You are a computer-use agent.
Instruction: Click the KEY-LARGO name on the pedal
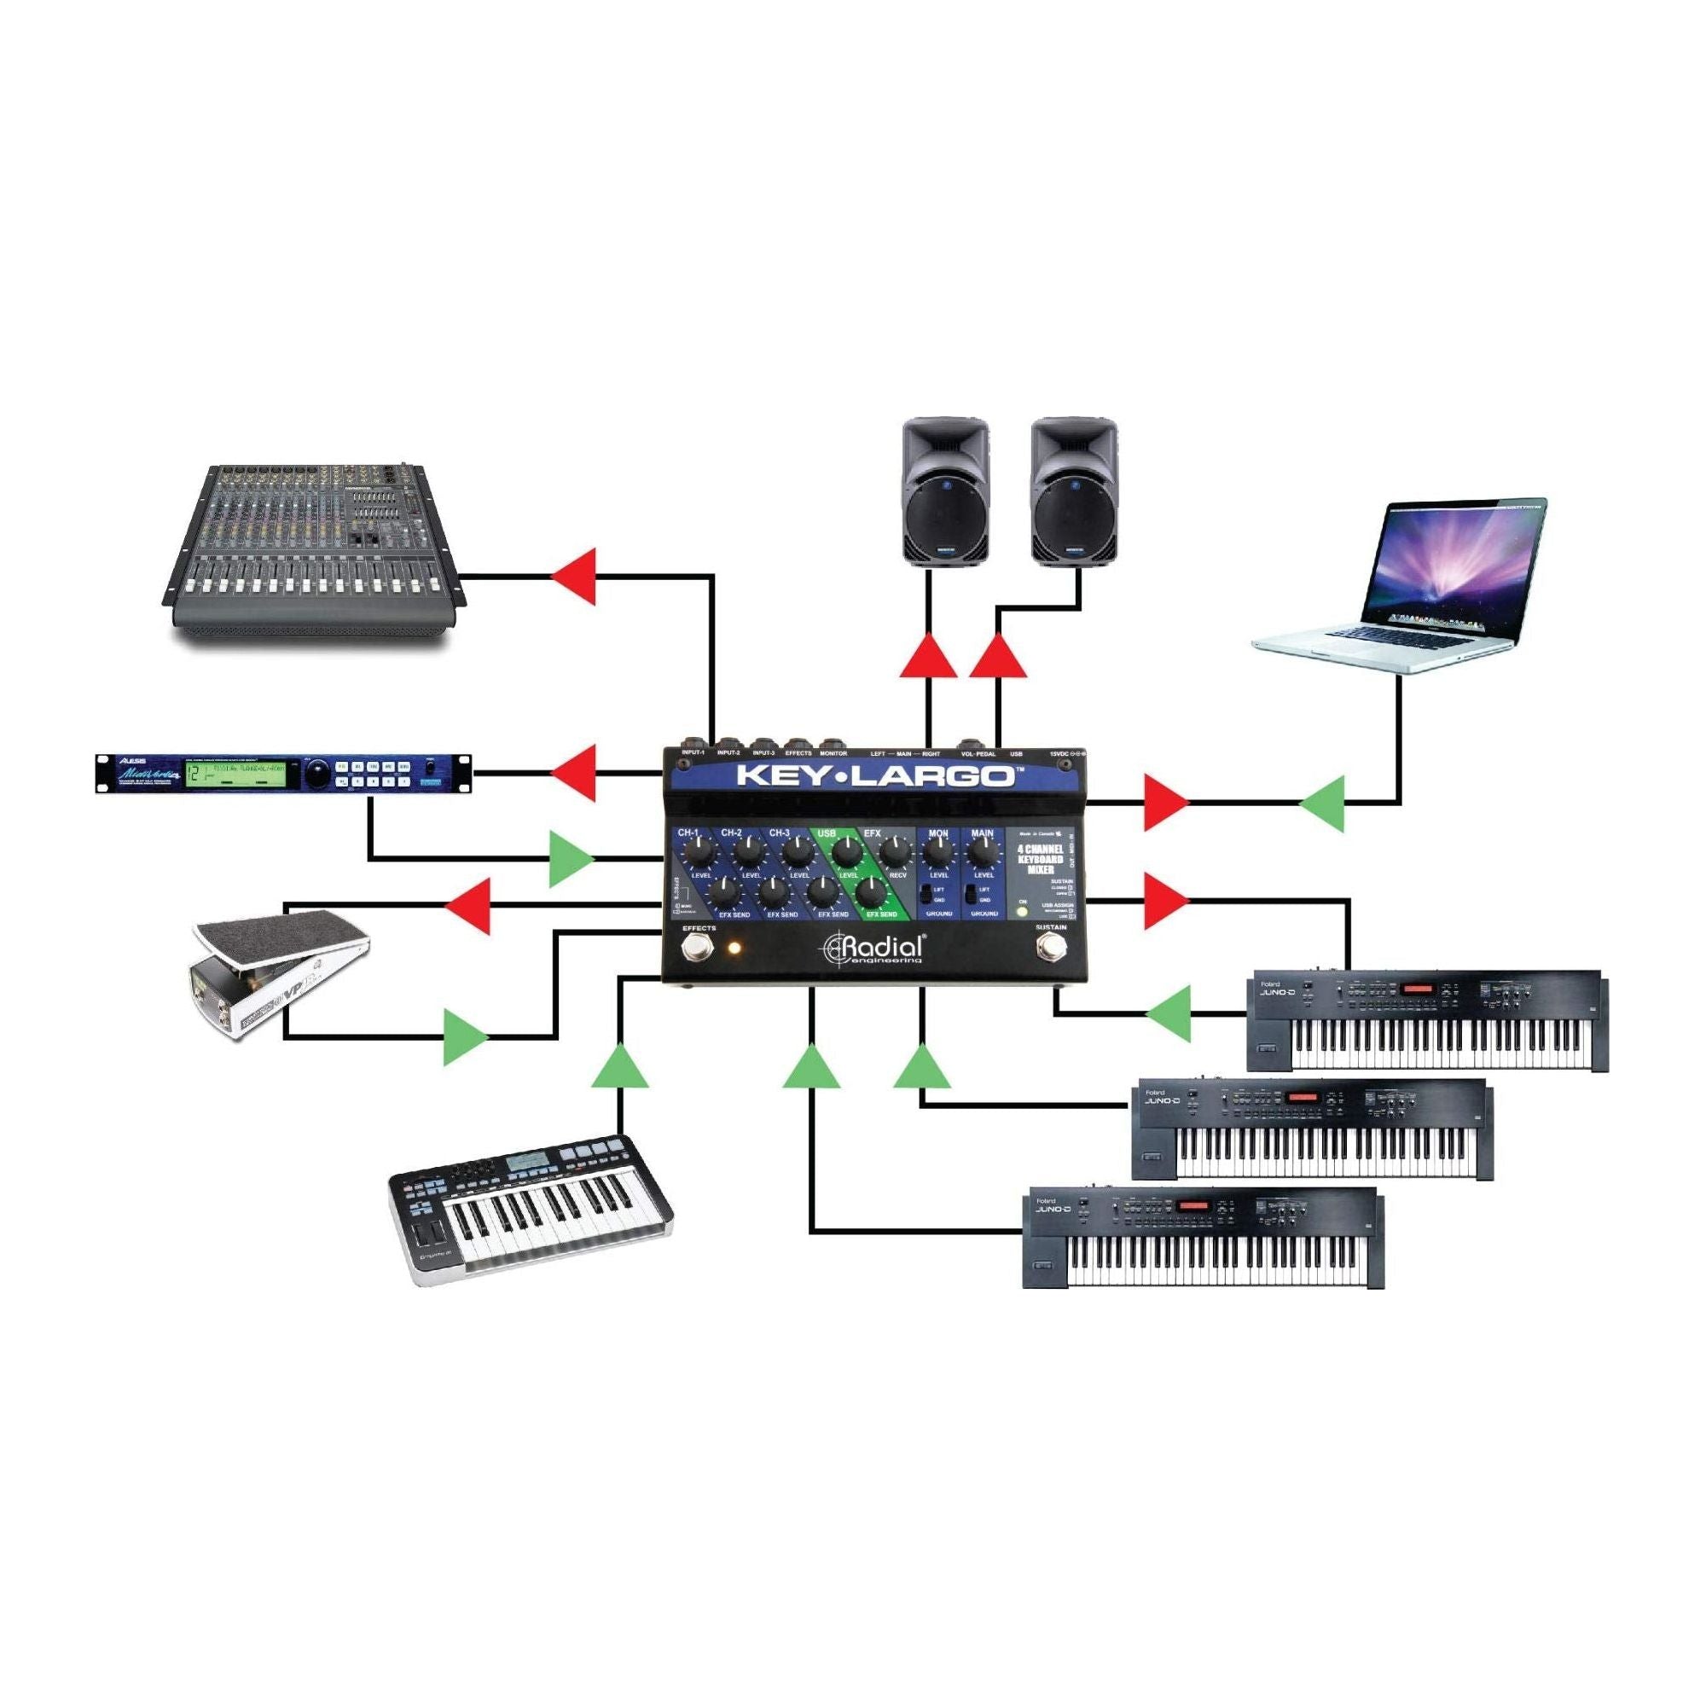tap(874, 776)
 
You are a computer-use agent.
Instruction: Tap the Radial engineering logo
tap(874, 949)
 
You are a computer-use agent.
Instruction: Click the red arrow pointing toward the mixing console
tap(575, 577)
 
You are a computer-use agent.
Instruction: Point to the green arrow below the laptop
tap(1322, 804)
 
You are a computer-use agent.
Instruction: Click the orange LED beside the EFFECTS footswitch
tap(732, 949)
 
